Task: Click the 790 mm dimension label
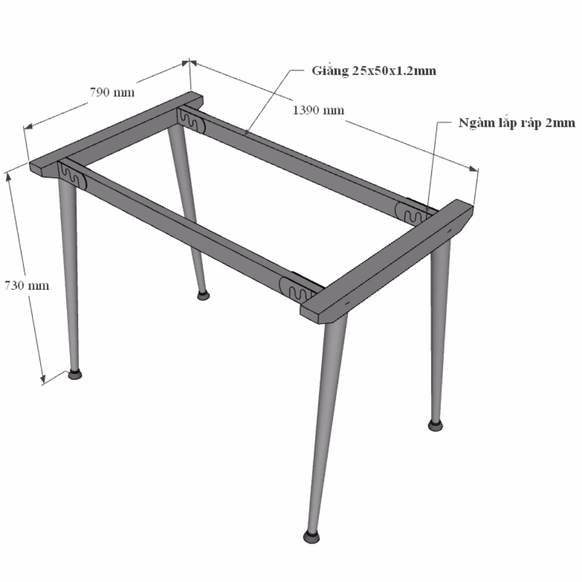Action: coord(112,92)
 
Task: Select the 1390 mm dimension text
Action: coord(318,110)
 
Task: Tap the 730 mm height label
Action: coord(27,285)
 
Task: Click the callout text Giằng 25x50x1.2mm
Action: coord(374,70)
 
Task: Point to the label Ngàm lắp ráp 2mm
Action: coord(517,123)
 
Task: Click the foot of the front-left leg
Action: coord(75,374)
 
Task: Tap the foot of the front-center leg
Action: coord(311,537)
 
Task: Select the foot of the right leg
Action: coord(436,425)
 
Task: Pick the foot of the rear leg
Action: coord(203,296)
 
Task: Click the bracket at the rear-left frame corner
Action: coord(191,119)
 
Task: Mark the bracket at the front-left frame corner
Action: coord(72,175)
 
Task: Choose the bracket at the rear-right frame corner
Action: coord(411,214)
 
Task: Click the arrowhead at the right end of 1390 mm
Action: coord(474,169)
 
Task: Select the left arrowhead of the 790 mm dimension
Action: coord(28,126)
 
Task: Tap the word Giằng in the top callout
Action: coord(330,70)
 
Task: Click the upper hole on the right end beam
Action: coord(449,230)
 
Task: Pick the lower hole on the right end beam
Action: coord(347,303)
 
